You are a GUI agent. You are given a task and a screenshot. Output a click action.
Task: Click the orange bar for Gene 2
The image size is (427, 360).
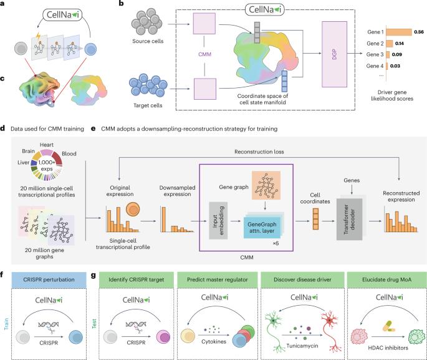point(391,46)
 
